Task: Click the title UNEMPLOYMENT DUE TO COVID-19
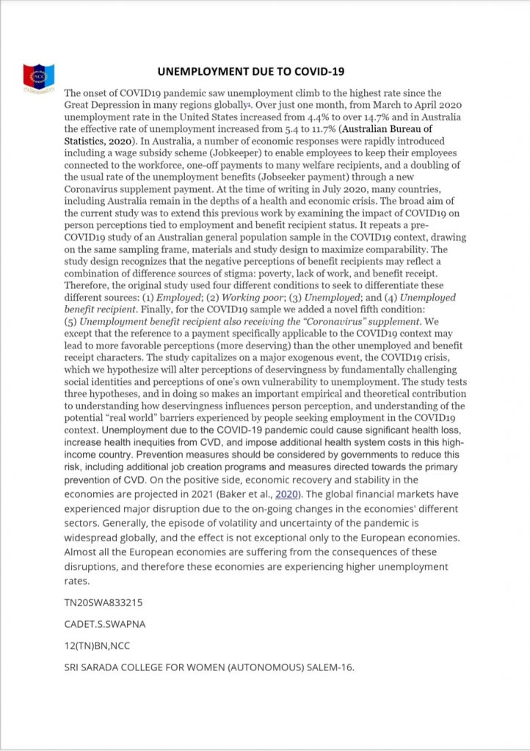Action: click(251, 72)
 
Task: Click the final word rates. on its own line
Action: click(76, 581)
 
